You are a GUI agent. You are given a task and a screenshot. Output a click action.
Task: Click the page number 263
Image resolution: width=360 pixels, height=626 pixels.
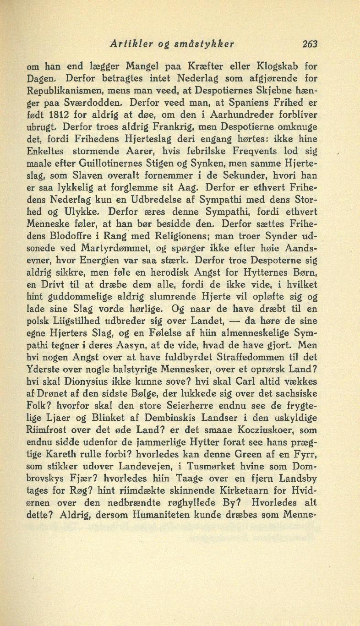pos(310,44)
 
